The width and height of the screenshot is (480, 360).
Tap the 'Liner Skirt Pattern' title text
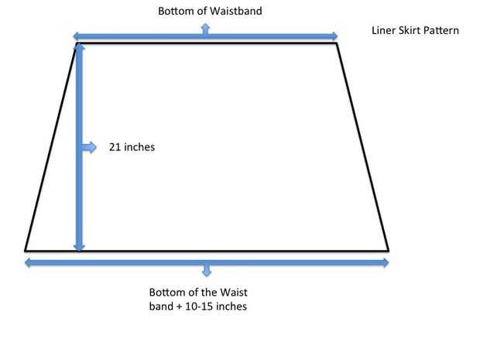pyautogui.click(x=416, y=31)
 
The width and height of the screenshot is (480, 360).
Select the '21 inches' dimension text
pyautogui.click(x=132, y=146)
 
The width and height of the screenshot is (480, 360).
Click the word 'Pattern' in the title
pyautogui.click(x=443, y=31)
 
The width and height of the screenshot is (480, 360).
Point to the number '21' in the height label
pyautogui.click(x=115, y=146)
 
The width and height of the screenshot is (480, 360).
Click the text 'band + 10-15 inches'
pyautogui.click(x=198, y=307)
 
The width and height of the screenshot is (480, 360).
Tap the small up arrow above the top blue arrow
pyautogui.click(x=205, y=28)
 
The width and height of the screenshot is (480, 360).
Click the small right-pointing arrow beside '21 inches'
pyautogui.click(x=91, y=147)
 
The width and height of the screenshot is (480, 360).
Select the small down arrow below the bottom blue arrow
pyautogui.click(x=206, y=271)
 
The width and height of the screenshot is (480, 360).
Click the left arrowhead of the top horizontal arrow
pyautogui.click(x=75, y=36)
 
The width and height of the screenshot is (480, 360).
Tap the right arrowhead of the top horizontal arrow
pyautogui.click(x=334, y=36)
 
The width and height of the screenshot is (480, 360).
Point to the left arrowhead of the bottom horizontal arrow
pyautogui.click(x=29, y=263)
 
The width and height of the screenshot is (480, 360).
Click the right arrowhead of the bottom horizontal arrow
pyautogui.click(x=385, y=263)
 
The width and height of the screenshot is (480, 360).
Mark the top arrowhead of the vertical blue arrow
pyautogui.click(x=79, y=49)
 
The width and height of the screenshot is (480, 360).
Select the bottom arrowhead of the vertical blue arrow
pyautogui.click(x=79, y=247)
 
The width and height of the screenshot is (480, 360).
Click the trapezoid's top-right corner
pyautogui.click(x=337, y=43)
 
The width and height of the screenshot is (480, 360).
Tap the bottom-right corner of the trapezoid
pyautogui.click(x=388, y=251)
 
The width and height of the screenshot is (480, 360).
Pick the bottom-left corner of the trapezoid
pyautogui.click(x=25, y=250)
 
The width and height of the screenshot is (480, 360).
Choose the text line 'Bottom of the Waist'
pyautogui.click(x=197, y=293)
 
